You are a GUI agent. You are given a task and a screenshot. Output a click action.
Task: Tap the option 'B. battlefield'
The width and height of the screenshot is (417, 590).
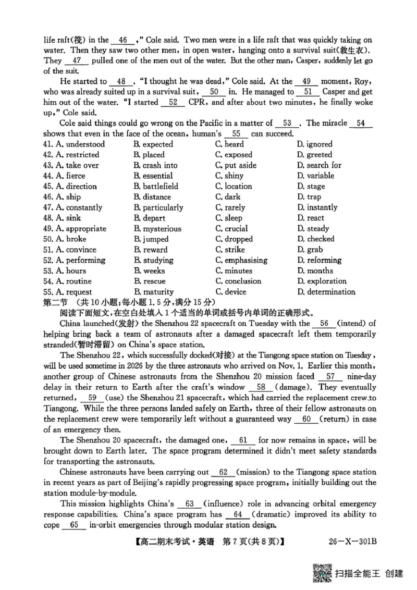point(156,187)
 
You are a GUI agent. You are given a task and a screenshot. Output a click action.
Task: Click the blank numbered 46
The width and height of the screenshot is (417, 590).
point(123,40)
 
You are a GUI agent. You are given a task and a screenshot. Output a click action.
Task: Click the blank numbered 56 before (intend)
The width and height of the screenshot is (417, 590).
point(324,324)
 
